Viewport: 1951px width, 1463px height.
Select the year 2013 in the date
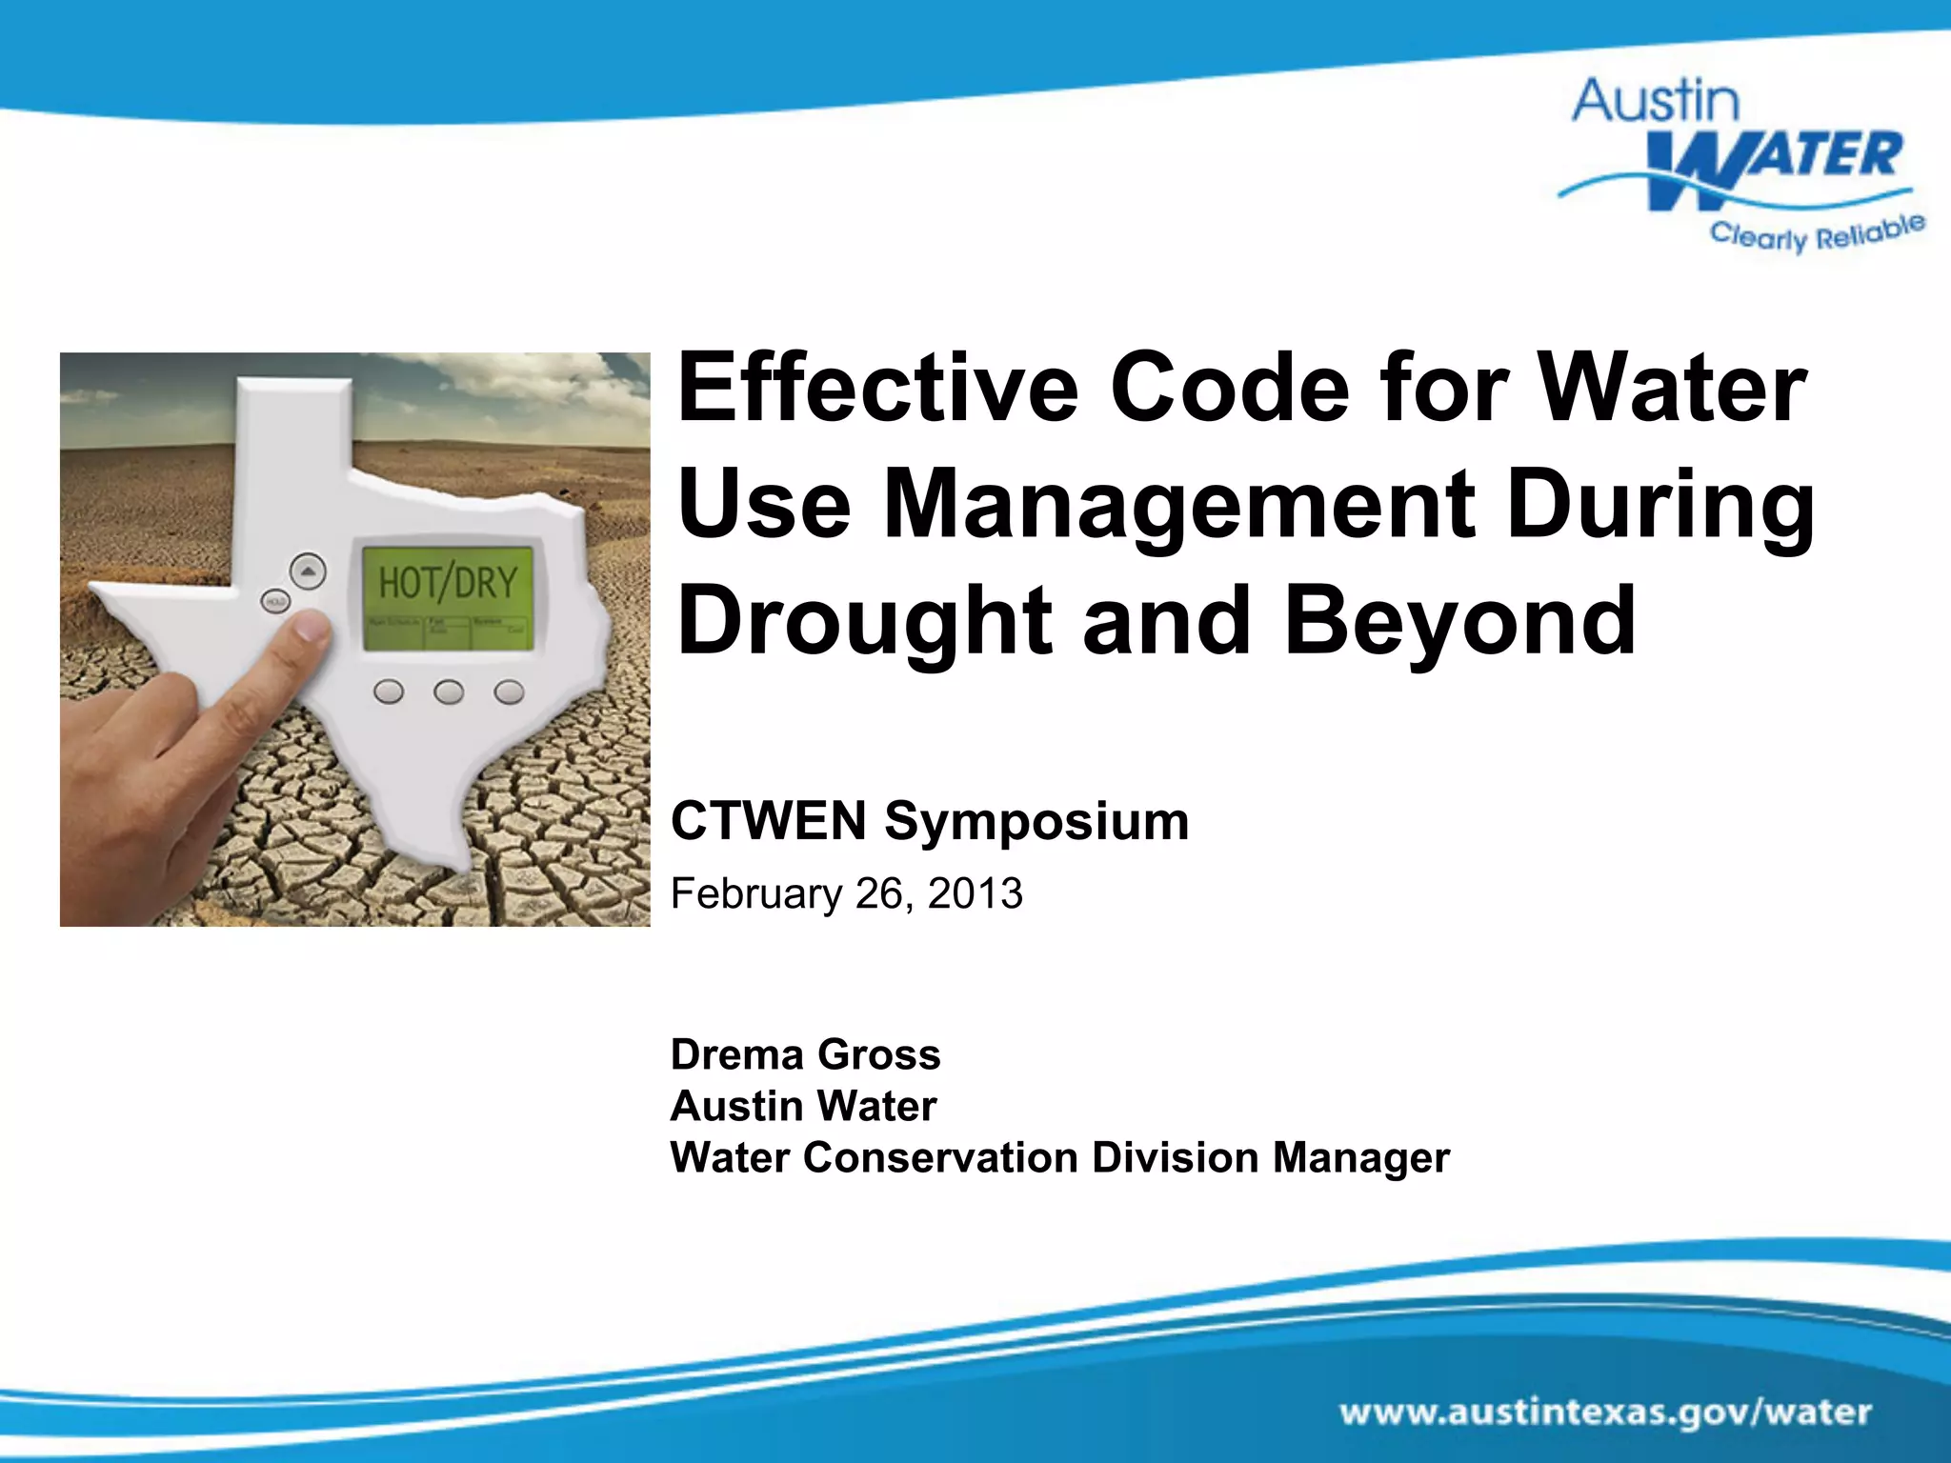(x=975, y=893)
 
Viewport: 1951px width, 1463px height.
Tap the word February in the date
(x=756, y=894)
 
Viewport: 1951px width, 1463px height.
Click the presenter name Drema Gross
(x=805, y=1054)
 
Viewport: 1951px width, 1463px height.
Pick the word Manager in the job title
(x=1360, y=1158)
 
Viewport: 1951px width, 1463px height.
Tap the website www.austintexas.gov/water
(x=1605, y=1412)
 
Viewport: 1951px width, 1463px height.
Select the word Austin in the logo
(x=1656, y=102)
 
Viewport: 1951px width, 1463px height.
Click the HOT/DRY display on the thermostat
(x=448, y=582)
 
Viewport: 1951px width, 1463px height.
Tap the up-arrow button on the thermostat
(x=307, y=572)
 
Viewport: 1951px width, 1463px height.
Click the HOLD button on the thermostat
(x=275, y=602)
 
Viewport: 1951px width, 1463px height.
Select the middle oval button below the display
(x=449, y=691)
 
